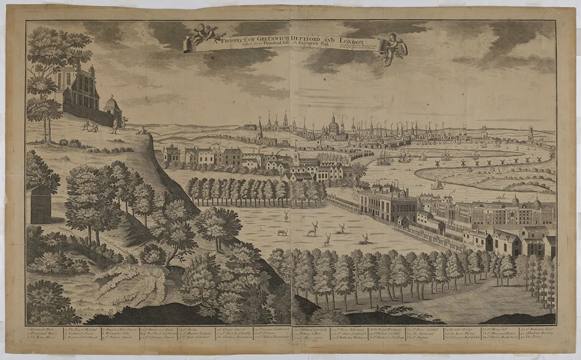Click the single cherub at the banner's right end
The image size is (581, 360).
tap(396, 48)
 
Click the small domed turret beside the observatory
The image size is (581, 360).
tap(112, 104)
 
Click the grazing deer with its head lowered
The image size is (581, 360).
tap(281, 233)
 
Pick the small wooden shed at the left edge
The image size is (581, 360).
tap(40, 204)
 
